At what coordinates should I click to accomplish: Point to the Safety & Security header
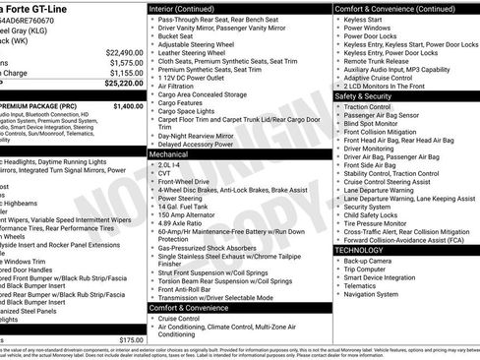370,96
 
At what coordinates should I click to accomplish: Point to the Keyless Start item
365,18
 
